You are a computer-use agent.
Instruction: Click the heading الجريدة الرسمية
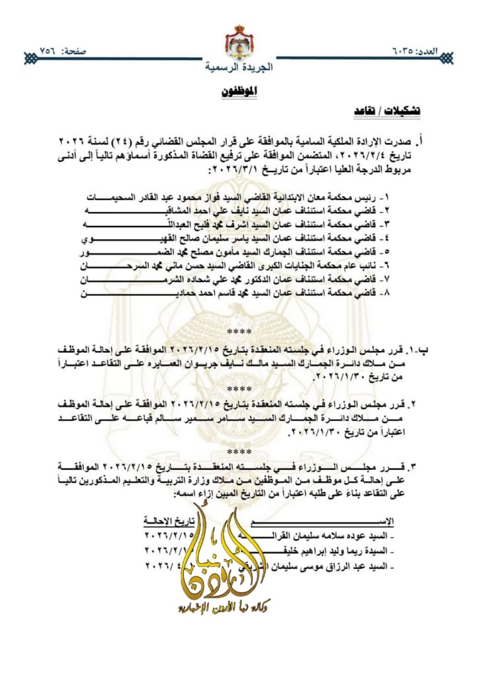coord(238,67)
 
